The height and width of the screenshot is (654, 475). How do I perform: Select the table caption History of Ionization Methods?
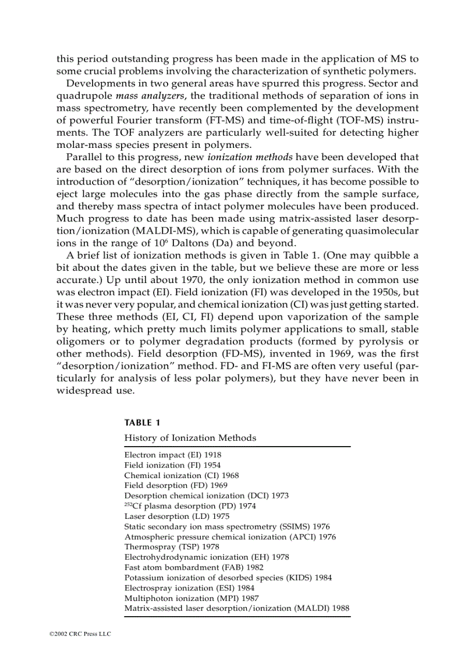coord(190,437)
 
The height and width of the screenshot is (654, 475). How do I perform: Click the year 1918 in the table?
coord(212,455)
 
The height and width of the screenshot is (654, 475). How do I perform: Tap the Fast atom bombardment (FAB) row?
coord(194,567)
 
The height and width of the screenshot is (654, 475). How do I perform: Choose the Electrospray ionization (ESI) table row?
coord(181,588)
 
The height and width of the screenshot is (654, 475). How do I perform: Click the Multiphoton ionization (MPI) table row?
coord(183,598)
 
